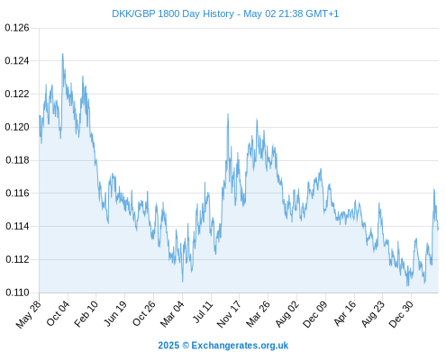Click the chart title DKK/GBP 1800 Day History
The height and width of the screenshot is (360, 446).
click(173, 13)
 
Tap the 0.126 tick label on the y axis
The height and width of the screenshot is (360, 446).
click(17, 28)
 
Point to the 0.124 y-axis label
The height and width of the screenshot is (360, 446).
click(17, 61)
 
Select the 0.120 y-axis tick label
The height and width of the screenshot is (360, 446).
click(17, 127)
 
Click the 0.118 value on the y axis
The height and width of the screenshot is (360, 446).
click(17, 160)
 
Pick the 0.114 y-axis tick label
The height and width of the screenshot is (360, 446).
click(17, 226)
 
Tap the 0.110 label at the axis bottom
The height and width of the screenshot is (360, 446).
click(17, 292)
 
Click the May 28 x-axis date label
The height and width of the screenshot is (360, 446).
click(29, 314)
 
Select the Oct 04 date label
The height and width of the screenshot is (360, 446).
click(58, 314)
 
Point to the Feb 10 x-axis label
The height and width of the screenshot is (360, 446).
click(86, 314)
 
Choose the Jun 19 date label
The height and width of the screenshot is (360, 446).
click(115, 314)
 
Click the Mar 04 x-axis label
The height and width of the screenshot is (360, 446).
click(172, 314)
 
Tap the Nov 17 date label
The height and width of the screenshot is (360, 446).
click(229, 314)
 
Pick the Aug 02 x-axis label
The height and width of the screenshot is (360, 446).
click(287, 314)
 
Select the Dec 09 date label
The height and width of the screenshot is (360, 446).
click(315, 314)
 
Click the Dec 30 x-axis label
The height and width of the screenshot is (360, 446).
click(401, 314)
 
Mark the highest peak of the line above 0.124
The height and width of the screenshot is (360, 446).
click(62, 54)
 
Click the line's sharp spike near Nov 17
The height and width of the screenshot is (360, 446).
click(228, 114)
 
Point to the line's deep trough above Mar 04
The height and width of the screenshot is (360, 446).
click(182, 282)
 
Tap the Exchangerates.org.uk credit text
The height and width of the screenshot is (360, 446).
click(240, 346)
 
